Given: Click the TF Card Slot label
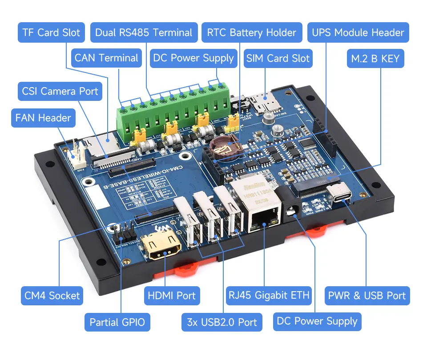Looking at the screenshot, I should click(x=51, y=32).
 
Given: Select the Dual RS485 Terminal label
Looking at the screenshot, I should click(x=144, y=32).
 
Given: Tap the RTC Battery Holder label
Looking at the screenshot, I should click(x=251, y=32).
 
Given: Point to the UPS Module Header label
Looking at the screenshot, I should click(x=358, y=32).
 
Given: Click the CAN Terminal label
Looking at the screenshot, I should click(x=106, y=58).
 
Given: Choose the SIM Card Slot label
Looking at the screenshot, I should click(x=278, y=58).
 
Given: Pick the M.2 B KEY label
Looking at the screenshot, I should click(x=375, y=58).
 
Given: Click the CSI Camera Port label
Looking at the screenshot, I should click(x=60, y=92).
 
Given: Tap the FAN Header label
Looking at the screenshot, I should click(x=43, y=118).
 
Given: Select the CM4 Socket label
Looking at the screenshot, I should click(x=52, y=296).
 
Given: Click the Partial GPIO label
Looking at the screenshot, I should click(x=117, y=322).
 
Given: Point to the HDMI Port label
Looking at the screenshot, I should click(x=171, y=296).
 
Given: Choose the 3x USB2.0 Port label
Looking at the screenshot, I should click(x=222, y=322).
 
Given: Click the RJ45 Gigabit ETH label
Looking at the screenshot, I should click(x=269, y=296).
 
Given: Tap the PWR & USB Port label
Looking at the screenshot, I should click(x=367, y=296).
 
